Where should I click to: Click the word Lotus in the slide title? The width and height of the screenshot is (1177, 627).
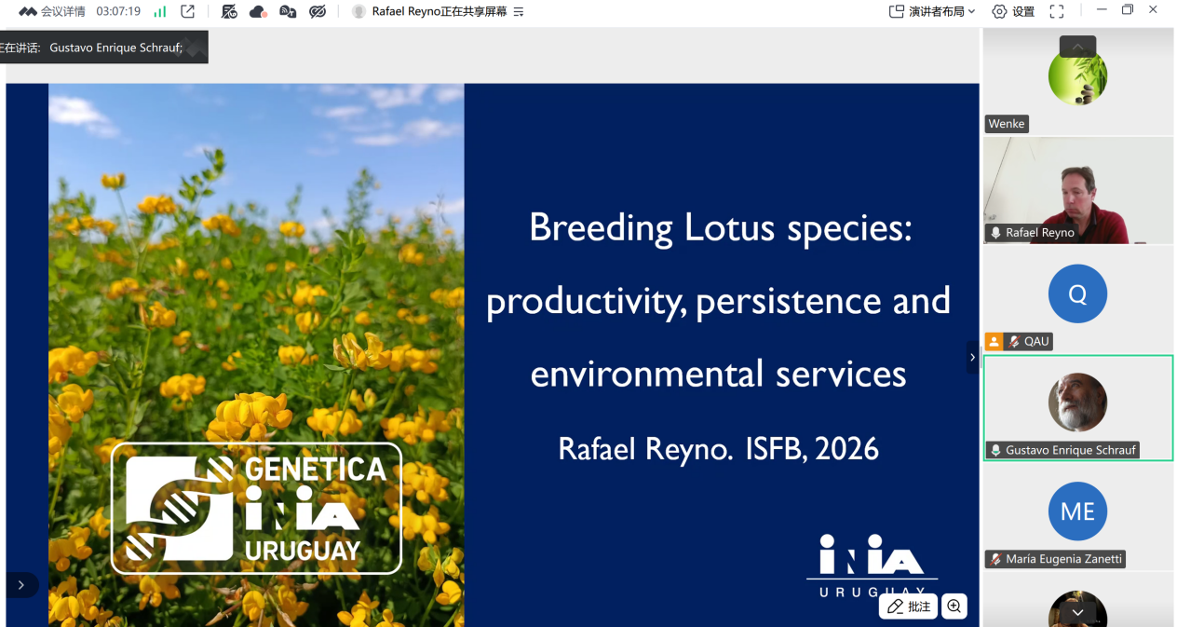point(729,228)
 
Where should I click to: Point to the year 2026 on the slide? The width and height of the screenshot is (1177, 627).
point(846,449)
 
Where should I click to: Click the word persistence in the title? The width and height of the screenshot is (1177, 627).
point(788,301)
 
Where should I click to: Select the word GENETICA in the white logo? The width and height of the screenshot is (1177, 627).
point(316,469)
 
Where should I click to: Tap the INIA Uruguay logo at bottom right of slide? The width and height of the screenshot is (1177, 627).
point(872,565)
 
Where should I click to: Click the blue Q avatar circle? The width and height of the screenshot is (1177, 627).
point(1077,293)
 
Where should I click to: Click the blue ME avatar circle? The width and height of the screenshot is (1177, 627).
point(1077,511)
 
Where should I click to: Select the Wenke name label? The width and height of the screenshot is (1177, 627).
point(1007,124)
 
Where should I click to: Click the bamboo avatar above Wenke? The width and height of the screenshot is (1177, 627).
point(1077,76)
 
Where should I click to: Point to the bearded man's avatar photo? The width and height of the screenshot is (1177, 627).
point(1077,402)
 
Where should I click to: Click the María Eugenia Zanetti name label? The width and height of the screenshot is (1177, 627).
point(1055,559)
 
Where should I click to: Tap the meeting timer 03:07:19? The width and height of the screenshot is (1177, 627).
point(118,11)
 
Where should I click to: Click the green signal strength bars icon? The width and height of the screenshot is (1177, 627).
point(160,11)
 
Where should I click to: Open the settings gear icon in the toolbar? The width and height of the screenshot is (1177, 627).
point(999,11)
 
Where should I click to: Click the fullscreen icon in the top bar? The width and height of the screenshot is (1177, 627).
point(1057,11)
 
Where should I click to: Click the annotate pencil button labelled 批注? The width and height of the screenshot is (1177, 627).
point(909,607)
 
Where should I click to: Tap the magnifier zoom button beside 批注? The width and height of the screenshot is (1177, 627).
point(954,607)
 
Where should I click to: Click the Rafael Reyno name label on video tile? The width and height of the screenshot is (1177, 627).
point(1032,233)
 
